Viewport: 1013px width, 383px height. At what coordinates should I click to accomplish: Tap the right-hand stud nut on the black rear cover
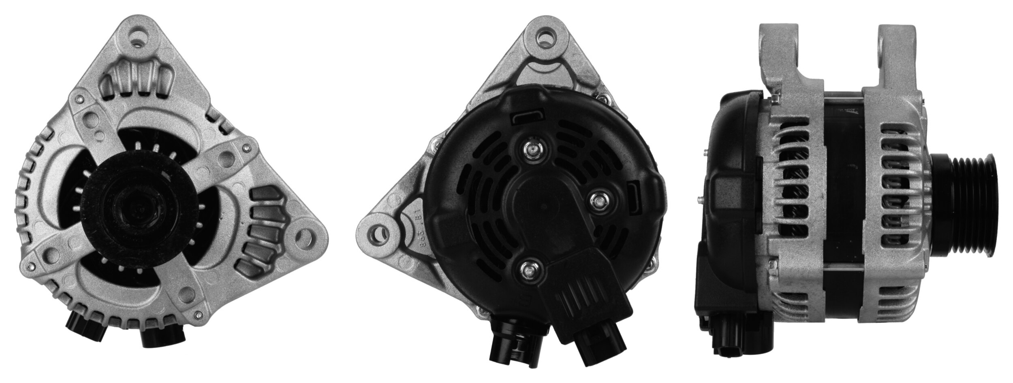597,199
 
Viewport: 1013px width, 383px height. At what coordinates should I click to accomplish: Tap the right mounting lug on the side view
898,53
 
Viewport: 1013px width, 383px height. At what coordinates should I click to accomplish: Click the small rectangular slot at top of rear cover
525,118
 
